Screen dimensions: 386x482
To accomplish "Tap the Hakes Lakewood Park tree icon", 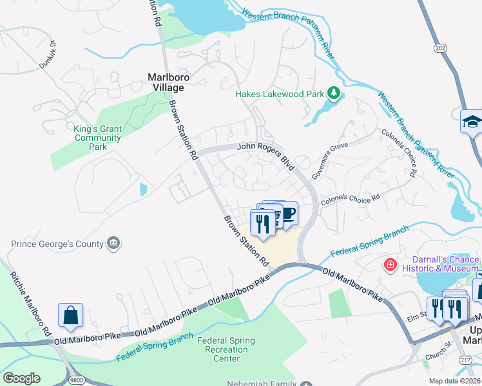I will (x=333, y=94).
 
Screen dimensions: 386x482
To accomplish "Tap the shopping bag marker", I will (x=70, y=315).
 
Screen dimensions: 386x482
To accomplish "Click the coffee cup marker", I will (x=288, y=213).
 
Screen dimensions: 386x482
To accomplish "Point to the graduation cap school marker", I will (x=472, y=121).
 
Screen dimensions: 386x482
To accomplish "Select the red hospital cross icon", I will (x=390, y=264).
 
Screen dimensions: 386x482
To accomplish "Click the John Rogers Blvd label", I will (x=266, y=154).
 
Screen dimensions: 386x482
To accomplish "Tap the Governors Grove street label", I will (x=329, y=154).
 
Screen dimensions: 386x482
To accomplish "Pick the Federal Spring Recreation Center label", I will (x=226, y=349).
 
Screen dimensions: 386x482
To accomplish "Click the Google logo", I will (x=21, y=378).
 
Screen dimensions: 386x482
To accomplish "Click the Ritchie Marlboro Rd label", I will (x=30, y=303).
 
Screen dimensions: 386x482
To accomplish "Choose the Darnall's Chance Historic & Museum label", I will (x=441, y=264).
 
